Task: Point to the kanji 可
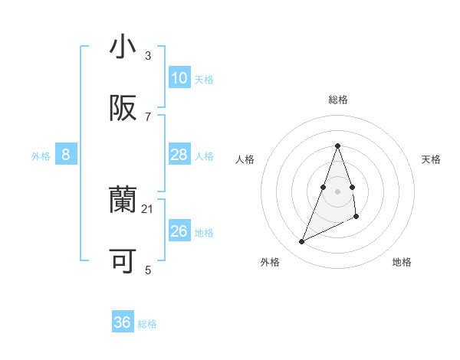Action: (123, 261)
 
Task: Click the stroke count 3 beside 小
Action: (148, 55)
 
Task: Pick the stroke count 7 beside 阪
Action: (148, 116)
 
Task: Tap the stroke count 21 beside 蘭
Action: (148, 208)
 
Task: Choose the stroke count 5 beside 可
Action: (148, 270)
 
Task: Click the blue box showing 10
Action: (179, 78)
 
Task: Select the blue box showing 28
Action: (179, 155)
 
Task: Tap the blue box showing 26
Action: (179, 231)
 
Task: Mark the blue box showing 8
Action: (66, 155)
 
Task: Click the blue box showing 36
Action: (123, 322)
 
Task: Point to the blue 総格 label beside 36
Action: (147, 324)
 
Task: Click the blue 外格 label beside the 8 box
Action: (41, 156)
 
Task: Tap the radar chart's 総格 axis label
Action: (337, 100)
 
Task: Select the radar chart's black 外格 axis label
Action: (270, 262)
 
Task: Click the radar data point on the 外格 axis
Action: (301, 242)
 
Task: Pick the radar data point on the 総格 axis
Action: (337, 146)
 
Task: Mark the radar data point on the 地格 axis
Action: (356, 217)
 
